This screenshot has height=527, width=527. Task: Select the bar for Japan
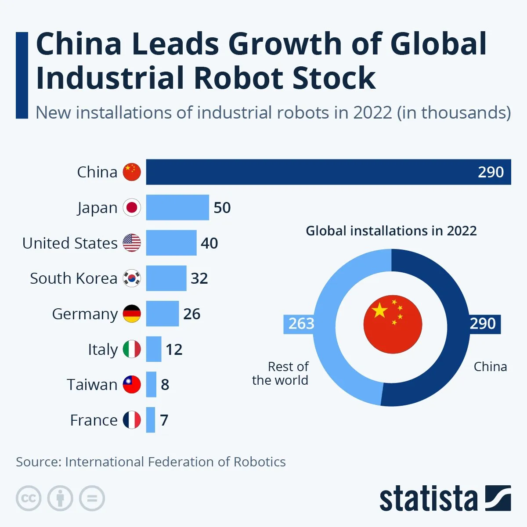tap(177, 207)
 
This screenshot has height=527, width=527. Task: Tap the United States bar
tap(171, 243)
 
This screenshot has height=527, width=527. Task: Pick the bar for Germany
tap(162, 314)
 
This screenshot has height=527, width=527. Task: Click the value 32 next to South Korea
tap(199, 278)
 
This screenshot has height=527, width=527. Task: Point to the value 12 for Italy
tap(174, 349)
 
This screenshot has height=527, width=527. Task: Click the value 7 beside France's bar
tap(164, 420)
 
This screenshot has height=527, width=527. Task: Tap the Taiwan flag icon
tap(132, 385)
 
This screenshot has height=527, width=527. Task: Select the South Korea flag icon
tap(132, 278)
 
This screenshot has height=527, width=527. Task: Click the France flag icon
tap(132, 420)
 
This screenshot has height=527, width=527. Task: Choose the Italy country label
tap(103, 350)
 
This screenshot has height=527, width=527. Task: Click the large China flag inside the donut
tap(393, 325)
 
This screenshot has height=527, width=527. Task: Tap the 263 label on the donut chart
tap(301, 324)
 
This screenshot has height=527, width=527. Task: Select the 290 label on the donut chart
tap(483, 324)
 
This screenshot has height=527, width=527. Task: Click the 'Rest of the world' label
tap(281, 373)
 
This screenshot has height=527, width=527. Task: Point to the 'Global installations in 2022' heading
tap(391, 231)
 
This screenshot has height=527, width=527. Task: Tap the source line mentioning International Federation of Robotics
tap(151, 462)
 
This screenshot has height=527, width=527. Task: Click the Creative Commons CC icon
tap(29, 498)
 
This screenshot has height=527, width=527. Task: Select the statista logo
tap(444, 498)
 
